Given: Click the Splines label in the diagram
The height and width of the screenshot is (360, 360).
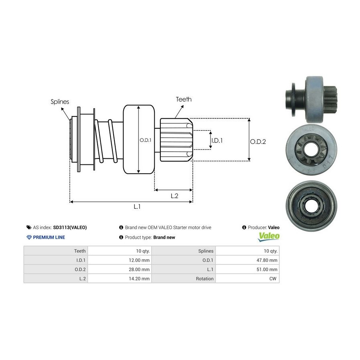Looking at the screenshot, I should [x=60, y=102].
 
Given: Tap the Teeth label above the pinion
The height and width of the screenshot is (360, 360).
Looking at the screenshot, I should [x=184, y=99].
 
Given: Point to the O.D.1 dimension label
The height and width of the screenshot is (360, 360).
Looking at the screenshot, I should [x=145, y=140].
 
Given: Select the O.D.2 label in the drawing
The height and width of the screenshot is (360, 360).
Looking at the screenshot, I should [x=258, y=141].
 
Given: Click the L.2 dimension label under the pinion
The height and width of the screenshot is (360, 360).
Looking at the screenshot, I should [x=174, y=196].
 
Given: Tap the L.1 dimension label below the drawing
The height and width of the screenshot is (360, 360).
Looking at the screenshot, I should [x=137, y=207].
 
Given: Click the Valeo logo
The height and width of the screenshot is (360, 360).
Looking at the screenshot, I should [x=269, y=236].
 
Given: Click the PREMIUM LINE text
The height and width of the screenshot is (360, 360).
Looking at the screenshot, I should [x=49, y=237].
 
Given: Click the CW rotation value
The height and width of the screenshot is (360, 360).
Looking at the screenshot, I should [x=274, y=278].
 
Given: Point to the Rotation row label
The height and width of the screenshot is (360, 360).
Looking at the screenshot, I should [x=205, y=278].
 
